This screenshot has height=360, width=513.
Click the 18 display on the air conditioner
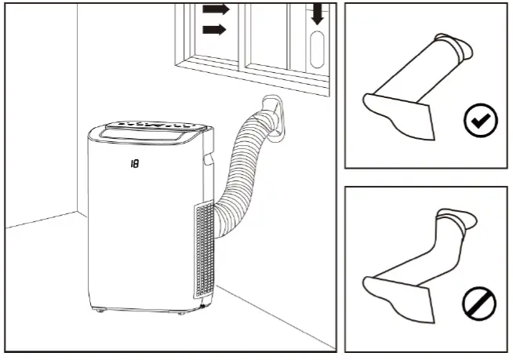click(136, 164)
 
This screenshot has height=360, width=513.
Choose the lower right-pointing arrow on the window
click(213, 30)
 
